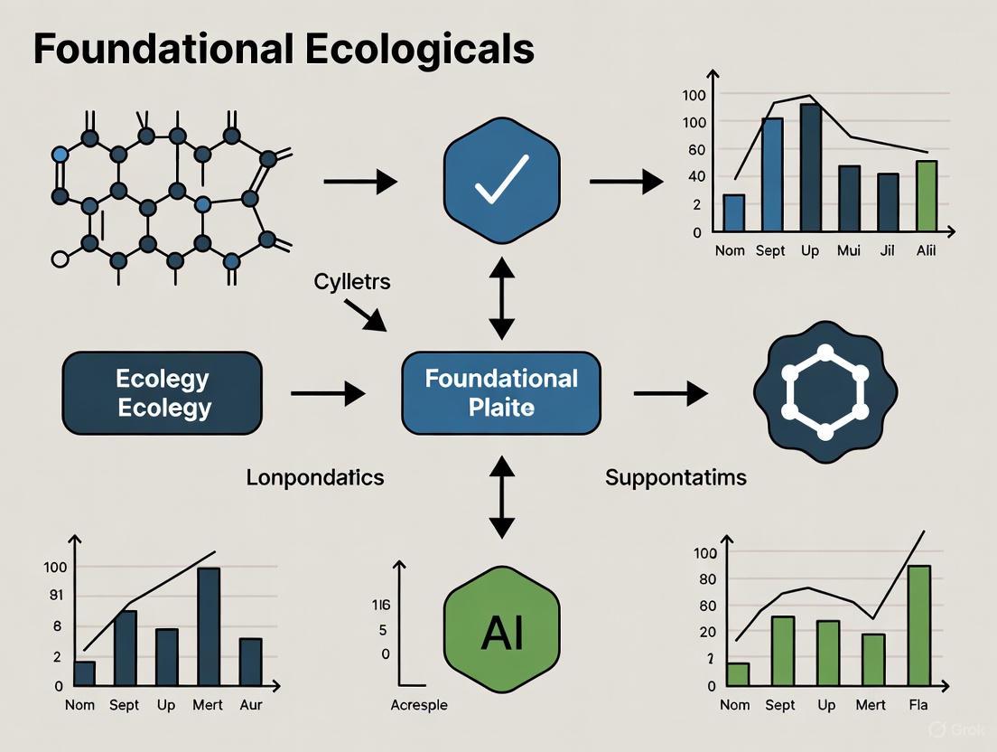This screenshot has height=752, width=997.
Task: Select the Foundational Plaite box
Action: [501, 392]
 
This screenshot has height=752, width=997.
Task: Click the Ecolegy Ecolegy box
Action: [163, 393]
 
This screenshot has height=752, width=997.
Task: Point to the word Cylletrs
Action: [352, 282]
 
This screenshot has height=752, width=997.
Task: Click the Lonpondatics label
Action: [315, 477]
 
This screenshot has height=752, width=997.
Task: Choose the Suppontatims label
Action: [676, 477]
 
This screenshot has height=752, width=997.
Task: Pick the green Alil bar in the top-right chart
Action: [927, 196]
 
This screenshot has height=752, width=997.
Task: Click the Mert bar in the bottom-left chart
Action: [209, 625]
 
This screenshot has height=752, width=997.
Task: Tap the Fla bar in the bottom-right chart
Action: [918, 625]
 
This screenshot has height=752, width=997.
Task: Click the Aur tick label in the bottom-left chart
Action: [251, 705]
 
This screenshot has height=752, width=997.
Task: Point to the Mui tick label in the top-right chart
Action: [849, 250]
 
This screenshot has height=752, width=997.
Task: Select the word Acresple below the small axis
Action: [419, 705]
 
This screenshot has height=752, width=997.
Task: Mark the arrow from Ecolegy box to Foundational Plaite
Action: [328, 393]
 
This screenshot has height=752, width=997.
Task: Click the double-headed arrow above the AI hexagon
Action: [501, 496]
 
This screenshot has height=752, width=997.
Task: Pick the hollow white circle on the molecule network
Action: [61, 260]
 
